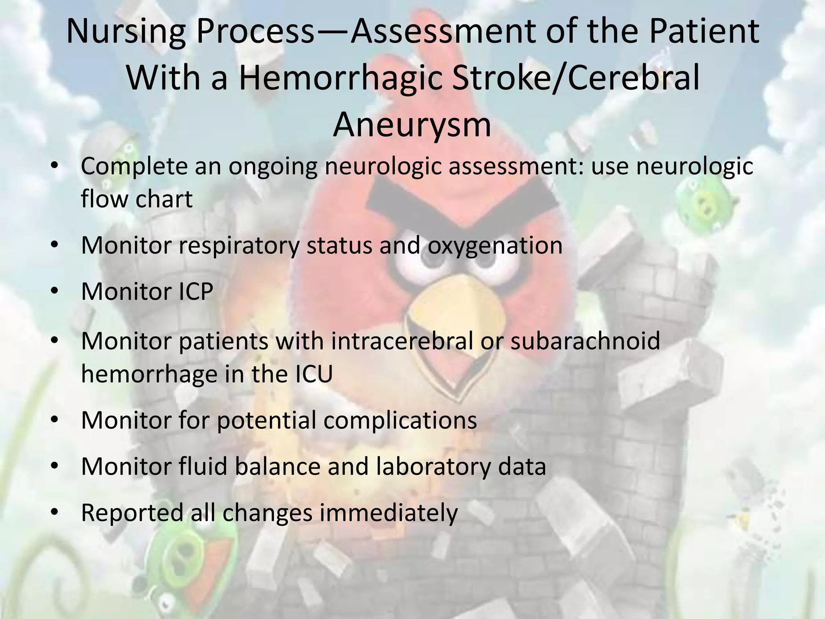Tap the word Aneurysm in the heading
click(x=412, y=124)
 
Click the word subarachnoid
click(x=585, y=341)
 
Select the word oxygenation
click(x=495, y=245)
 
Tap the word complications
click(x=400, y=420)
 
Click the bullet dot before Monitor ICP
click(x=55, y=291)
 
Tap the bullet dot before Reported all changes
click(x=55, y=512)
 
